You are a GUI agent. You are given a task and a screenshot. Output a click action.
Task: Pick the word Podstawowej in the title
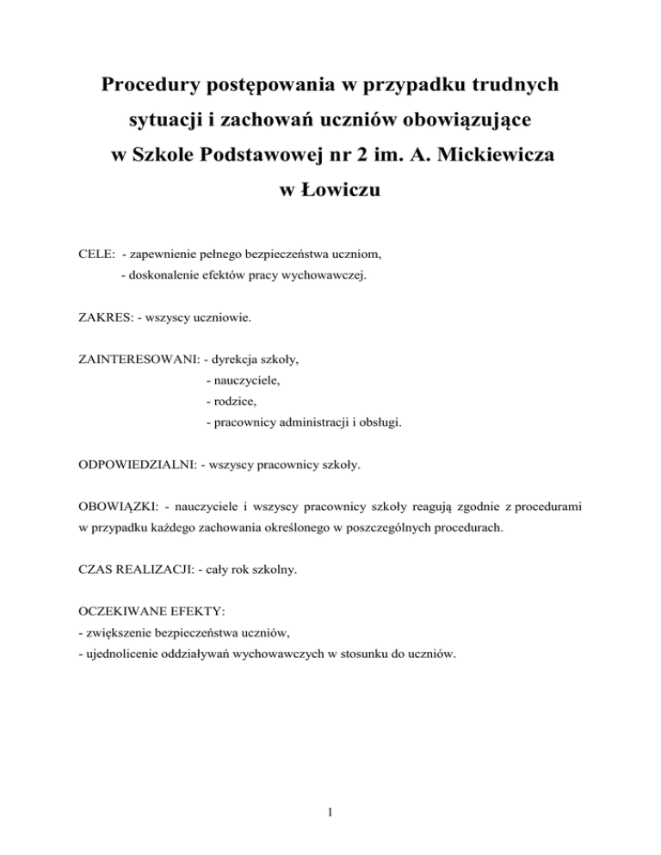[x=246, y=158]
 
